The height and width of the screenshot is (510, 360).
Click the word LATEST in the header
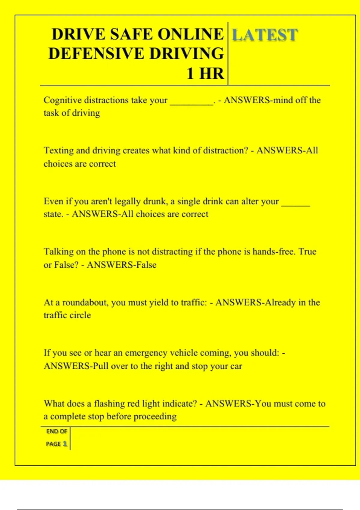coord(265,35)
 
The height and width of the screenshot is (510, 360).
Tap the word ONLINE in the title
coord(190,34)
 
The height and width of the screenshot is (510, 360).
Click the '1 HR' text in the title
coord(205,74)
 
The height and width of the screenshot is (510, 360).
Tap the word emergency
coord(144,353)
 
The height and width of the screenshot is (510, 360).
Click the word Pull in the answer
coord(100,366)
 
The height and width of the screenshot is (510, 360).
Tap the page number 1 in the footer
coord(65,444)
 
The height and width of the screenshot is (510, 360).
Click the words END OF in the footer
coord(57,431)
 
